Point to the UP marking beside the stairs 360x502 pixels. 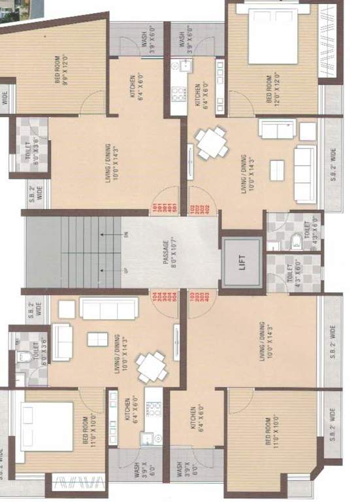(123, 270)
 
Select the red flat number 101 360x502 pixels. (156, 209)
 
